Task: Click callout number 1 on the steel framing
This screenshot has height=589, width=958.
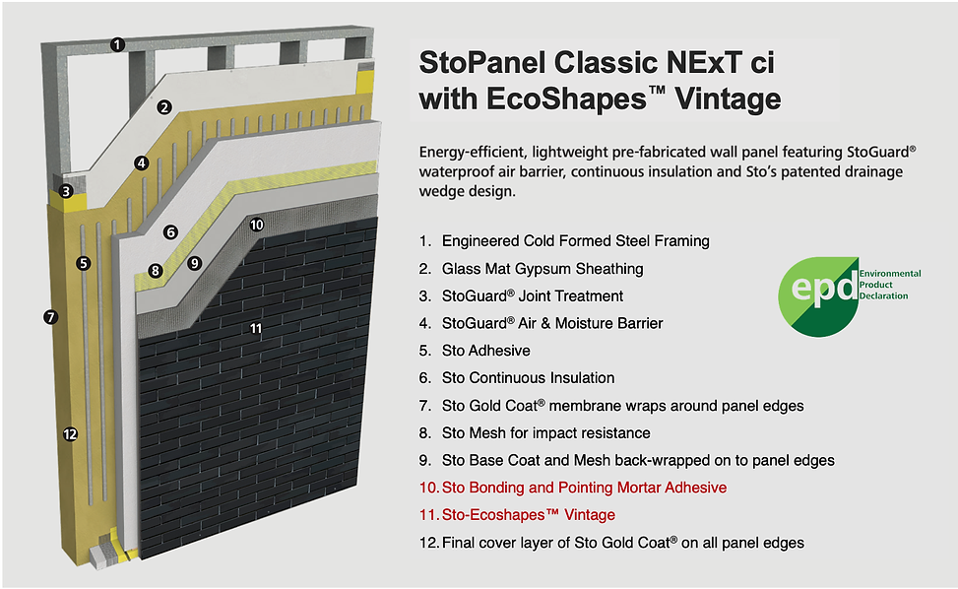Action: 118,43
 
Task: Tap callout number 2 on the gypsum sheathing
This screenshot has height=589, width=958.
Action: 165,107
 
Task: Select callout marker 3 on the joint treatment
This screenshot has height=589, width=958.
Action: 66,191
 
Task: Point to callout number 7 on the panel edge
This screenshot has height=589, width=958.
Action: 49,316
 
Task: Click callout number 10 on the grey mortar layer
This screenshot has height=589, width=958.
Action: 256,225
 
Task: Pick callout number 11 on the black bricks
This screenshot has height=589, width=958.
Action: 256,328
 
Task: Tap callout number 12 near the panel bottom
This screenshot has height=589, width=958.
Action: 69,433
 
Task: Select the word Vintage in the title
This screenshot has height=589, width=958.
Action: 729,98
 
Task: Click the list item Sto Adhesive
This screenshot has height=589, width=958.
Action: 485,351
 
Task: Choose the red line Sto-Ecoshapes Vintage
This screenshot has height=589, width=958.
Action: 528,515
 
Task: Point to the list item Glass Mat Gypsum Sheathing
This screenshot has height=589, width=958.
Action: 542,268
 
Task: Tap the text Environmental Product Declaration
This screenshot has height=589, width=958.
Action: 890,284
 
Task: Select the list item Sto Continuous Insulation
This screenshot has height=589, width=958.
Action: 528,378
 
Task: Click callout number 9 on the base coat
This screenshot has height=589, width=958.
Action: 195,263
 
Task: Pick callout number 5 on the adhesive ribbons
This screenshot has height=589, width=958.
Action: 84,263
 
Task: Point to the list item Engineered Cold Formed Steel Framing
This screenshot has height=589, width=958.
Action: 575,240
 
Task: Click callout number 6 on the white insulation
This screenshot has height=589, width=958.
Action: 170,232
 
